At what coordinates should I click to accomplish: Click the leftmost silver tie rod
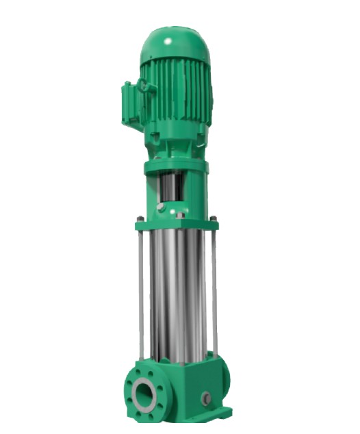[x=141, y=288]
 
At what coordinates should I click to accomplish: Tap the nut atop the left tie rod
[x=140, y=219]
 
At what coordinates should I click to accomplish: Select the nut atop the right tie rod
[x=214, y=219]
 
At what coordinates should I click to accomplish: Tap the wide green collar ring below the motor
[x=176, y=166]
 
